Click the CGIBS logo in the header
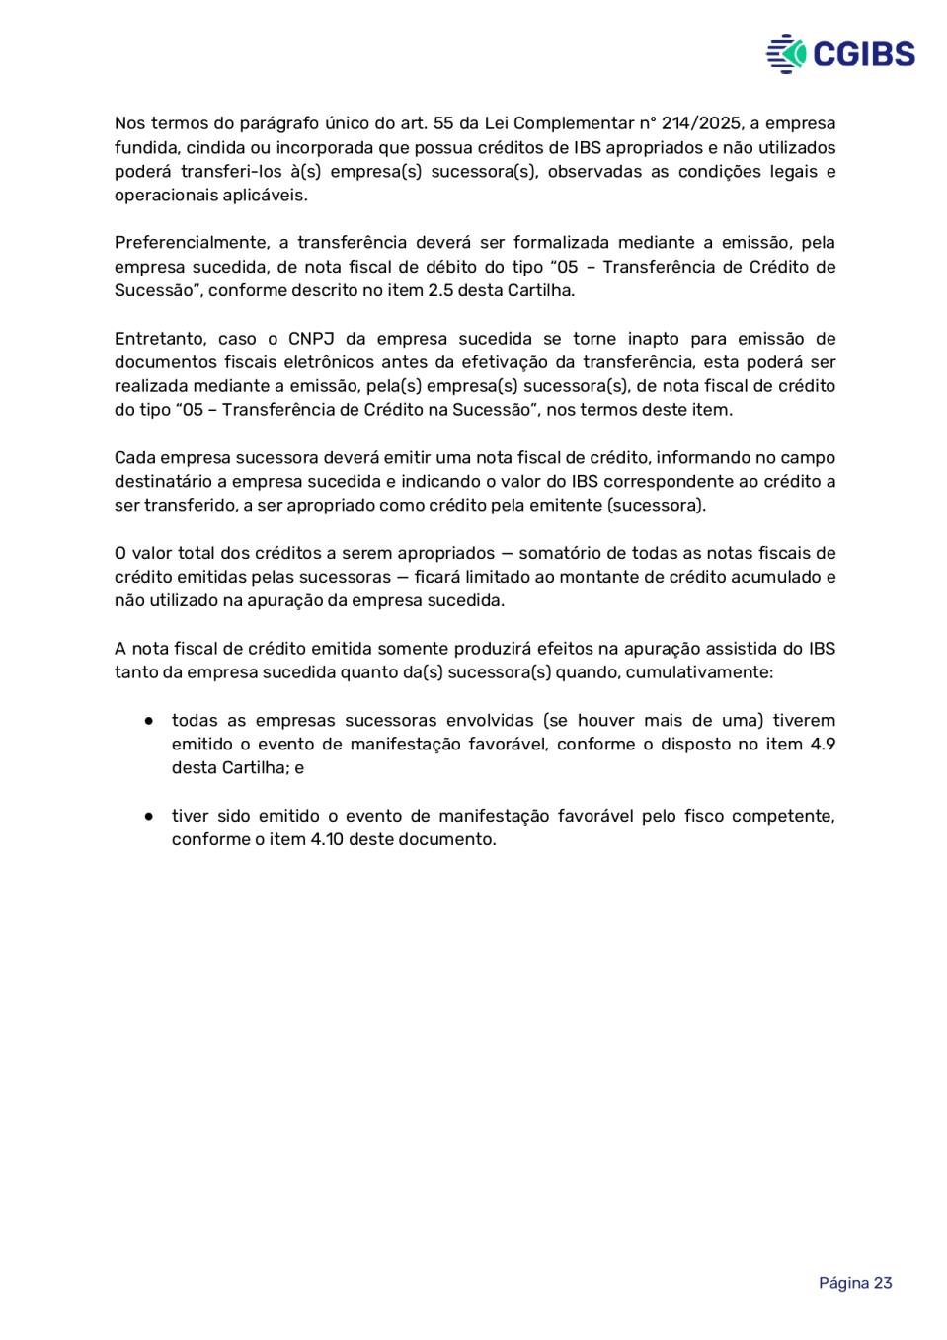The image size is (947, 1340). click(840, 53)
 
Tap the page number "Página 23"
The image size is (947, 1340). click(855, 1283)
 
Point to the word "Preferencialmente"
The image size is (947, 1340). click(192, 243)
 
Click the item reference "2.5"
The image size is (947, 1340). click(440, 290)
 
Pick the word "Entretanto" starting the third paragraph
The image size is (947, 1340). click(159, 339)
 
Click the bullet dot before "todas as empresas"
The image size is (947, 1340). click(148, 721)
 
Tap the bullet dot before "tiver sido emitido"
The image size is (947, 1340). click(148, 817)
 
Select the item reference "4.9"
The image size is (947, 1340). click(823, 745)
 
